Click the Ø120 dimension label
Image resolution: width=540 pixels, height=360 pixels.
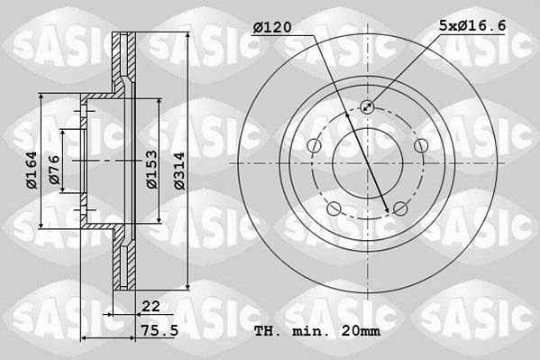[x=271, y=28]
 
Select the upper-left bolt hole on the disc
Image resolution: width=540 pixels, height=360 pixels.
[x=313, y=146]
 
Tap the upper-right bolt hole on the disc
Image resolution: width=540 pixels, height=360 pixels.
[x=421, y=146]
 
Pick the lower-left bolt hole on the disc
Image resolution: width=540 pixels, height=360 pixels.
[x=334, y=209]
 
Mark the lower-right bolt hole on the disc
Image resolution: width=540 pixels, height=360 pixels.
[x=400, y=209]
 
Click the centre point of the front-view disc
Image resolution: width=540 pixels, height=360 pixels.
[x=367, y=163]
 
